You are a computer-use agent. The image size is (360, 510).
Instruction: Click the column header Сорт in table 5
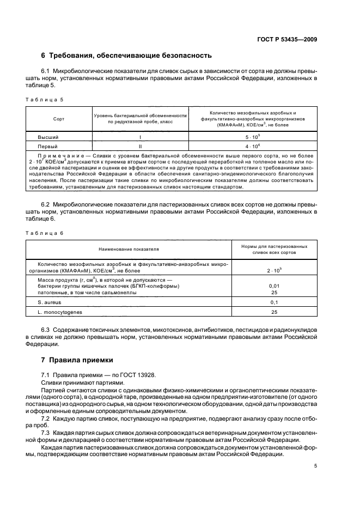point(59,118)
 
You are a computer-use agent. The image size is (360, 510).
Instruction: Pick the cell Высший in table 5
point(48,137)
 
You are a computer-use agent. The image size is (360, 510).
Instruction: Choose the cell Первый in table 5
point(48,147)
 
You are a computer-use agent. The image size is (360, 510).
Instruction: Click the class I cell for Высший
point(140,137)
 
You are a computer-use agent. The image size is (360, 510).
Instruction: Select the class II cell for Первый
point(140,147)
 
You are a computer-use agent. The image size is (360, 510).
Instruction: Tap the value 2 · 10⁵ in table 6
point(274,270)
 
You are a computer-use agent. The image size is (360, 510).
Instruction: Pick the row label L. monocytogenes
point(57,312)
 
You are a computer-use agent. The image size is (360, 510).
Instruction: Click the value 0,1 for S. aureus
point(274,302)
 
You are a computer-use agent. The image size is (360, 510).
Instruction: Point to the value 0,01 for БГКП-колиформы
point(274,286)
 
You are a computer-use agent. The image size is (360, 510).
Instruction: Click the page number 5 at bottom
point(315,466)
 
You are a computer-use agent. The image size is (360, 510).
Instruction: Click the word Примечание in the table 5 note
point(59,156)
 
